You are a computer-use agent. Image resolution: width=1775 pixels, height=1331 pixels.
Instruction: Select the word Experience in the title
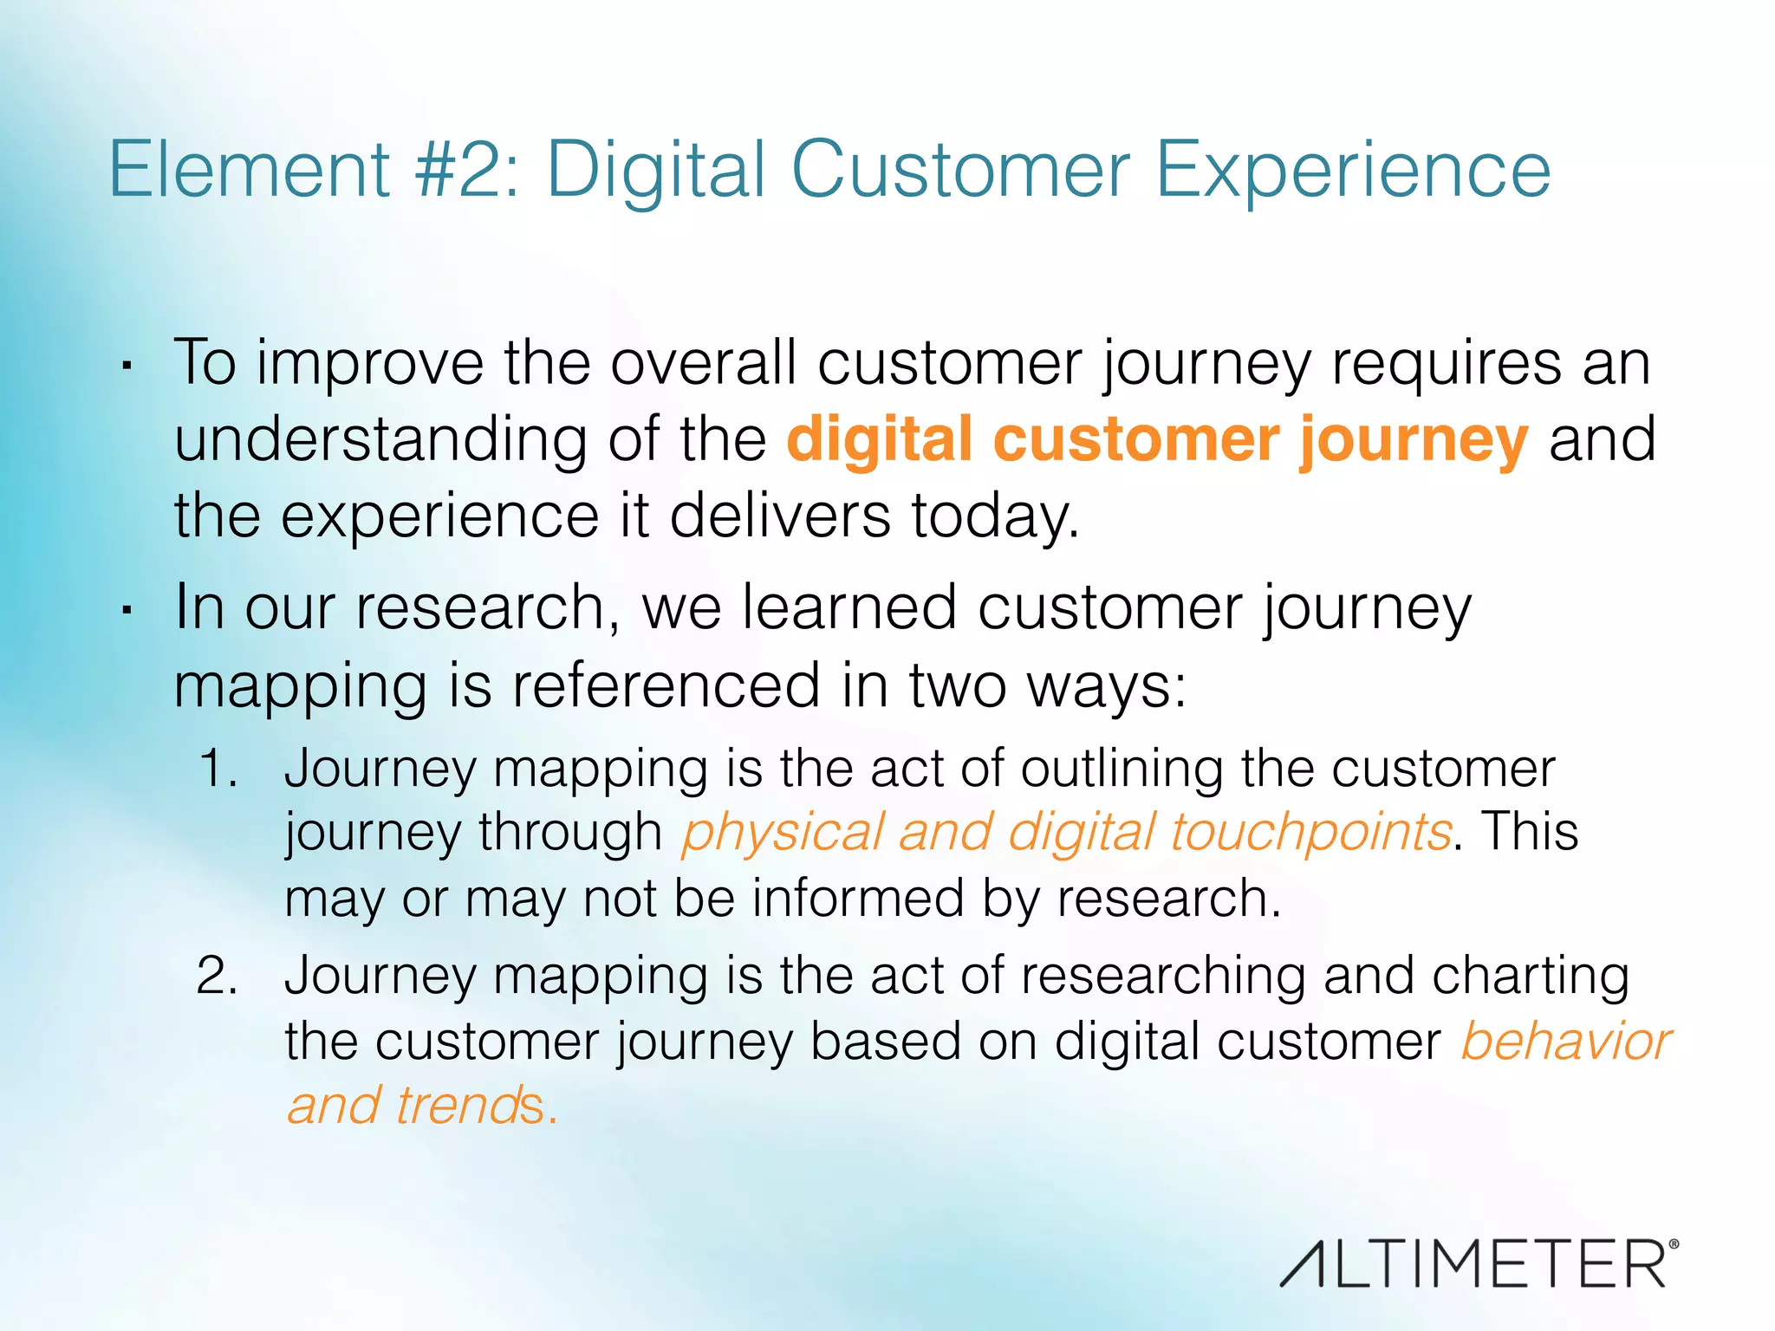[1352, 172]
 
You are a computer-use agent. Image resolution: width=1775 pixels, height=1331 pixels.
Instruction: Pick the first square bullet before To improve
[127, 367]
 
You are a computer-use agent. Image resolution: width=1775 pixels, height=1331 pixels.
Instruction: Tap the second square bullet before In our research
[127, 612]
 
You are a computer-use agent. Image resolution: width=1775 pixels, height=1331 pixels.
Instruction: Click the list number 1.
[218, 769]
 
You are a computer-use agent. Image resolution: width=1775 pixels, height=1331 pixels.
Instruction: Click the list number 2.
[218, 976]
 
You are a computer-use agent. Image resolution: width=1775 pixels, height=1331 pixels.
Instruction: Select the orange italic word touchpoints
[1310, 833]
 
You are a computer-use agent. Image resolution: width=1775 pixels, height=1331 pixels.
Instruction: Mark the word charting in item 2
[1530, 977]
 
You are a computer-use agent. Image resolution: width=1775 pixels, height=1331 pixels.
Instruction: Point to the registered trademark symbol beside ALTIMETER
[1673, 1244]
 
